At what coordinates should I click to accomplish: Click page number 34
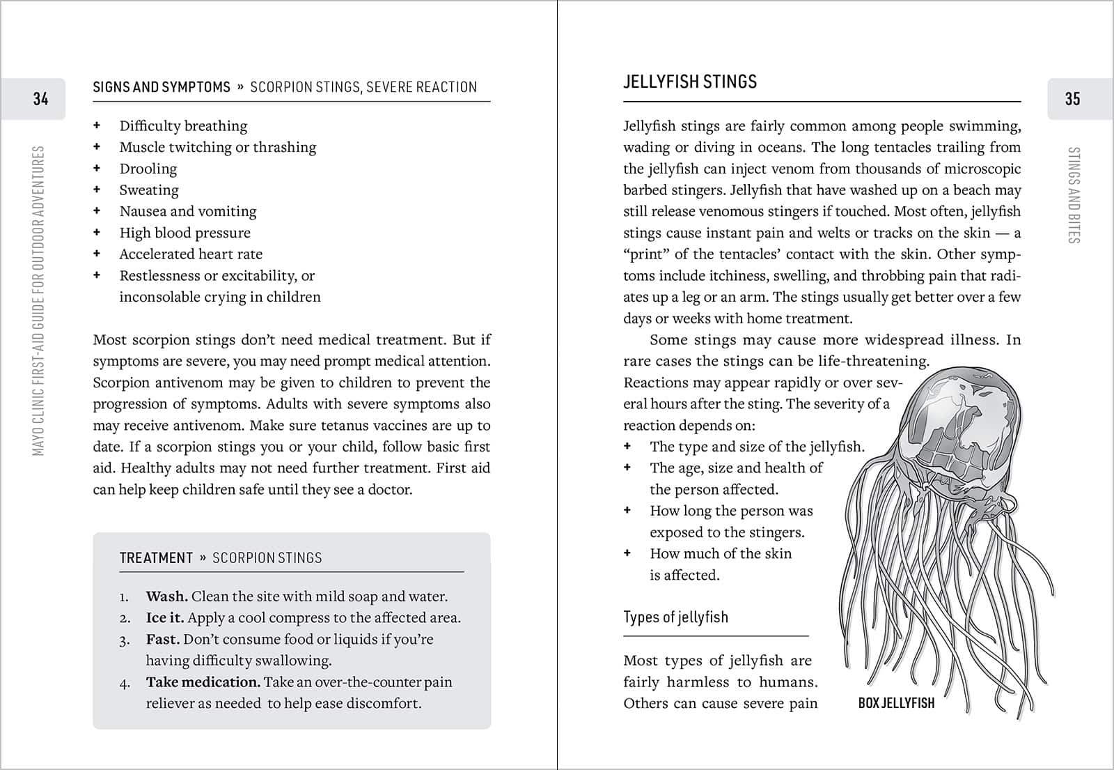click(40, 99)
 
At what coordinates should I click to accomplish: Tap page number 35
click(1072, 99)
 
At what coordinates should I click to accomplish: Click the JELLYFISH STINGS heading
click(689, 82)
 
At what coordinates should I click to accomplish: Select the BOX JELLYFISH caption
click(896, 703)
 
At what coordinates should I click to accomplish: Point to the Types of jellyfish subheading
click(675, 617)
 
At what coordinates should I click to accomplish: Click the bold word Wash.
click(166, 596)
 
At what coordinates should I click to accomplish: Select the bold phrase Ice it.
click(165, 618)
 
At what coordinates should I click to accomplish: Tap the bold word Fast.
click(162, 639)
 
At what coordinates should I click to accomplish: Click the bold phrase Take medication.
click(203, 682)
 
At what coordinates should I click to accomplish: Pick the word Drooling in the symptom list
click(148, 169)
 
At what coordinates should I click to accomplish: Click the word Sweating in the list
click(149, 190)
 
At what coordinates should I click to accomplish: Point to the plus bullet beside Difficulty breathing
click(97, 126)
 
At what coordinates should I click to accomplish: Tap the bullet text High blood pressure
click(185, 233)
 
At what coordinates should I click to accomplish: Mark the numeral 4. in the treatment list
click(125, 683)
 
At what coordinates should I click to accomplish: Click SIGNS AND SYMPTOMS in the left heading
click(162, 87)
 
